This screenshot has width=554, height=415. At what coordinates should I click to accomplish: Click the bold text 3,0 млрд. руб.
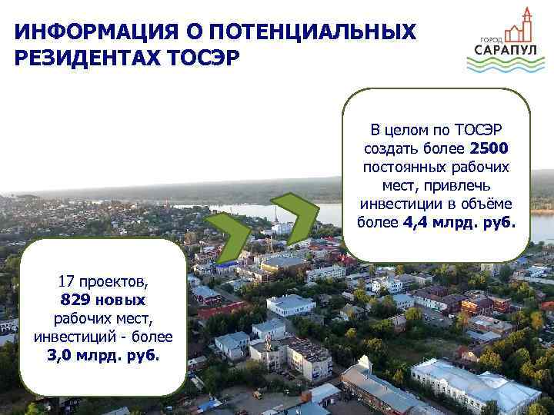(x=103, y=356)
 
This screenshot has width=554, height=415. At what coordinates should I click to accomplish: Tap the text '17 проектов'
(x=103, y=282)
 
